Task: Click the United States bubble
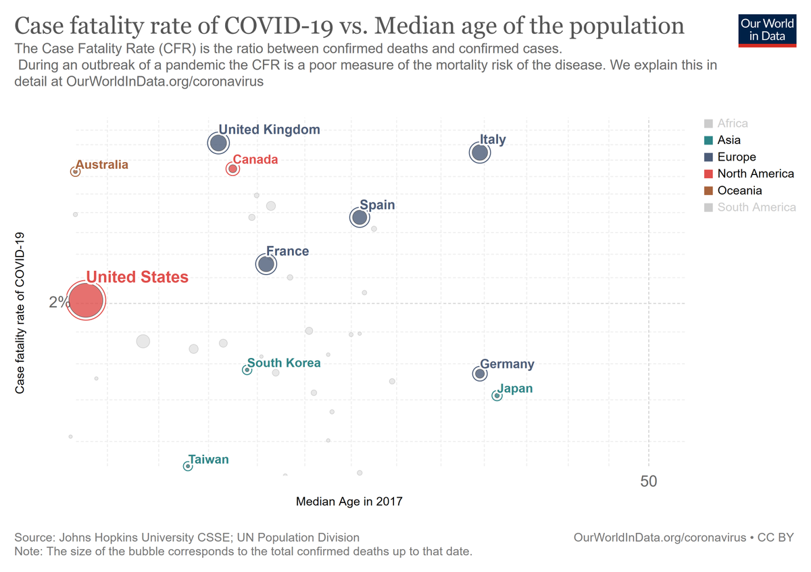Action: [x=85, y=301]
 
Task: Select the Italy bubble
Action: [x=479, y=153]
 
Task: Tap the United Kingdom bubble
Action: [x=218, y=143]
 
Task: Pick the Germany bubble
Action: [x=480, y=373]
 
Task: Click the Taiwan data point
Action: [x=188, y=466]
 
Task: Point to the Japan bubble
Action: [x=497, y=396]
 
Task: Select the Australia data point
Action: [x=76, y=172]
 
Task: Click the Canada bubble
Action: [x=232, y=169]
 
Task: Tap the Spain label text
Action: [x=377, y=205]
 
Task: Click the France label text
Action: [x=287, y=251]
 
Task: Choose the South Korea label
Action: [x=284, y=363]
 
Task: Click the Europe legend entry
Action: [x=737, y=157]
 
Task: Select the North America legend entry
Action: [x=756, y=174]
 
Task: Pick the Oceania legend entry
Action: [x=739, y=190]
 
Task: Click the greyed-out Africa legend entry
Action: [x=733, y=124]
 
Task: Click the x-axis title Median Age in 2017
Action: [x=349, y=502]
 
